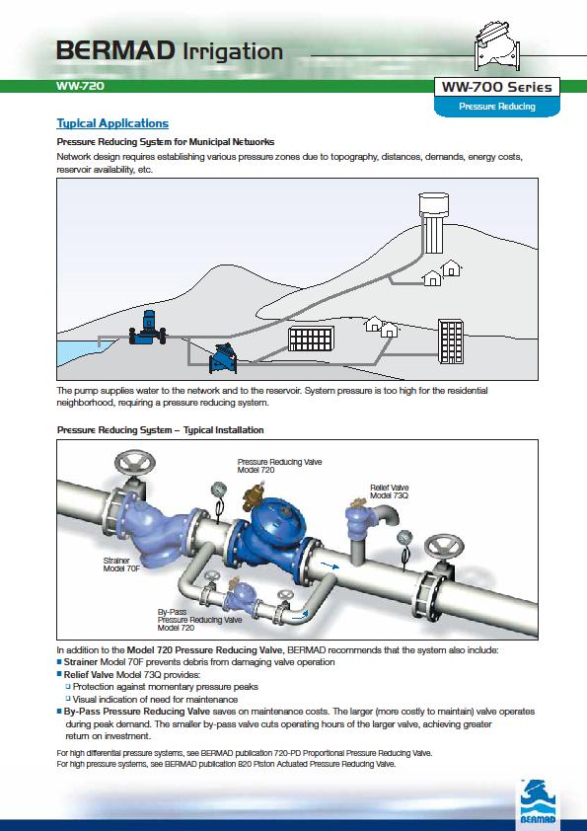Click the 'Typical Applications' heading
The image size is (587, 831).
pyautogui.click(x=112, y=123)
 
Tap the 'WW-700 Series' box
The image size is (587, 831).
pyautogui.click(x=497, y=87)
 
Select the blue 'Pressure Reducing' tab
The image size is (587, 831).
pyautogui.click(x=497, y=107)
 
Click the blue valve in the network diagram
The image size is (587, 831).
pyautogui.click(x=223, y=359)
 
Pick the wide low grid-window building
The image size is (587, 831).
pyautogui.click(x=312, y=339)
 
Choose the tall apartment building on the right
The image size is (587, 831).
pyautogui.click(x=451, y=340)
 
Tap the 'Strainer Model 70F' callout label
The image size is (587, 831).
pyautogui.click(x=121, y=565)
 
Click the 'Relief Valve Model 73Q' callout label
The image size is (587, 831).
pyautogui.click(x=390, y=491)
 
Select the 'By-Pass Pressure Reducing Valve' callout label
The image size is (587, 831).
pyautogui.click(x=199, y=620)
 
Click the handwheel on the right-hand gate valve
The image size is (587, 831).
pyautogui.click(x=444, y=547)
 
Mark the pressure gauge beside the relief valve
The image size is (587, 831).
pyautogui.click(x=404, y=539)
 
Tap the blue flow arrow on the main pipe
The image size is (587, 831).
pyautogui.click(x=330, y=567)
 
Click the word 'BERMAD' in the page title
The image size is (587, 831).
pyautogui.click(x=115, y=51)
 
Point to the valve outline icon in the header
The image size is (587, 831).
pyautogui.click(x=497, y=45)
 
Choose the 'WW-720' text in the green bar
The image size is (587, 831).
pyautogui.click(x=80, y=86)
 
